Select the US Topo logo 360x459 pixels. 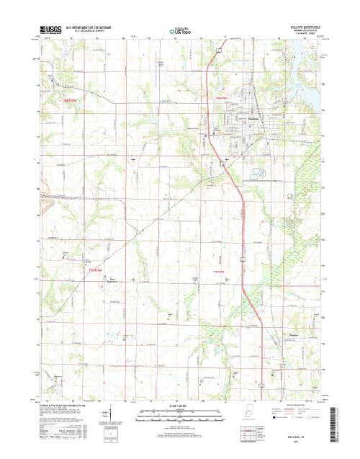click(x=180, y=32)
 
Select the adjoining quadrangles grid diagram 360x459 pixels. click(x=250, y=434)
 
